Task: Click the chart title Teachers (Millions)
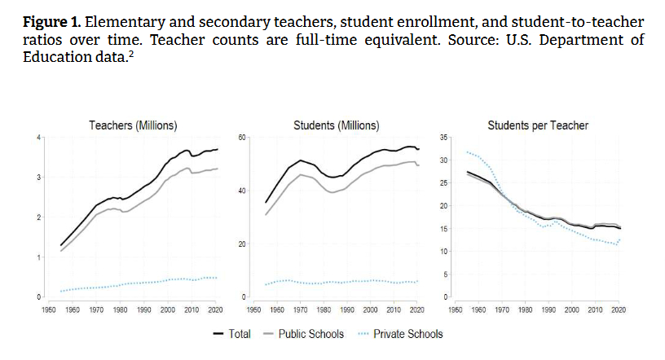(x=133, y=125)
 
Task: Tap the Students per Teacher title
(x=537, y=125)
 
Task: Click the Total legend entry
(x=232, y=334)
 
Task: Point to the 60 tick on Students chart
(x=241, y=138)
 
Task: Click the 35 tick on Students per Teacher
(x=444, y=138)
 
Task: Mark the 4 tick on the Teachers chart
(x=37, y=138)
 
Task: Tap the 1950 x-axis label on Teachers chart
(x=50, y=310)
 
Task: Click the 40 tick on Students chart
(x=241, y=191)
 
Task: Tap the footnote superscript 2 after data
(x=130, y=52)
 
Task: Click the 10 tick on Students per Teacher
(x=444, y=252)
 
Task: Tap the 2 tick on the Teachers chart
(x=37, y=217)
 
